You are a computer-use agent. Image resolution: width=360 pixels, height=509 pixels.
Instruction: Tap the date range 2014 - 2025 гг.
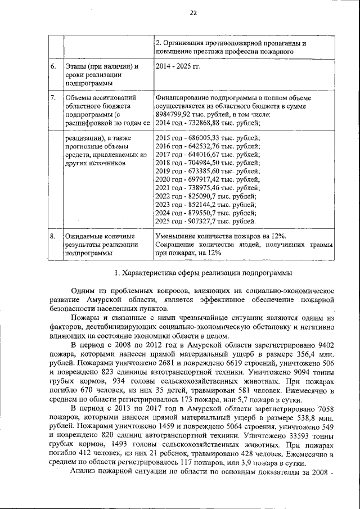[178, 67]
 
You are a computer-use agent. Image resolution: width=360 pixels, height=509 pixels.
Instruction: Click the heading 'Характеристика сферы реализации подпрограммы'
[208, 272]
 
